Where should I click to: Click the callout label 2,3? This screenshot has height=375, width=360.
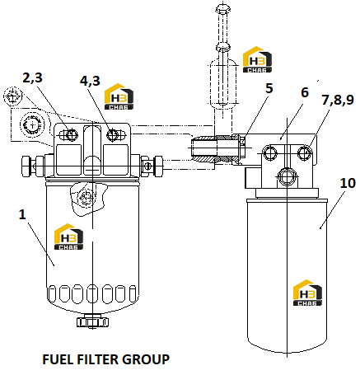(x=32, y=78)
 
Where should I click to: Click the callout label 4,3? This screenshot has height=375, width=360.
(x=90, y=81)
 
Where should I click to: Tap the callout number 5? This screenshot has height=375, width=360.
(x=269, y=88)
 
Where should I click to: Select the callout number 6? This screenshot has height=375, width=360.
(x=305, y=92)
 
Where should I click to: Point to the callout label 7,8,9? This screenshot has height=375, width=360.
(x=338, y=100)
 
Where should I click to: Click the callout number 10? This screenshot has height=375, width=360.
(x=348, y=183)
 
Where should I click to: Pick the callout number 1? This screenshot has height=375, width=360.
(x=22, y=214)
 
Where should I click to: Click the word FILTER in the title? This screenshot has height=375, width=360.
(x=98, y=359)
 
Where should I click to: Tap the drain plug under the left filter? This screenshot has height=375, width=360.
(x=92, y=321)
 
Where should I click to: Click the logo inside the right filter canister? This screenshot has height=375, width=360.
(x=307, y=293)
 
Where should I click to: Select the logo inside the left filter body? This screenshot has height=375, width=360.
(x=68, y=237)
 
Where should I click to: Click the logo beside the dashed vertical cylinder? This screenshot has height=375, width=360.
(x=257, y=59)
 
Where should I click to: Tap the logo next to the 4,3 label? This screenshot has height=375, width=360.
(x=119, y=96)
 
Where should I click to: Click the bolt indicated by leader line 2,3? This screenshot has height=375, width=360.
(x=72, y=135)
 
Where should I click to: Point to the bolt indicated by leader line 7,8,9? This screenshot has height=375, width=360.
(x=305, y=152)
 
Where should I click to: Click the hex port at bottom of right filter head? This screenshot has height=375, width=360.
(x=288, y=176)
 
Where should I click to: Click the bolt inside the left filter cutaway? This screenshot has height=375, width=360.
(x=85, y=197)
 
